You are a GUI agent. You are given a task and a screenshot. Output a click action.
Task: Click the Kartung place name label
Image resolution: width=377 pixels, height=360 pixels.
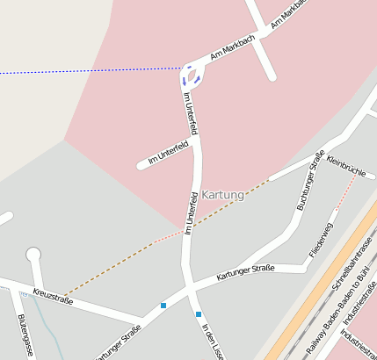pyautogui.click(x=222, y=194)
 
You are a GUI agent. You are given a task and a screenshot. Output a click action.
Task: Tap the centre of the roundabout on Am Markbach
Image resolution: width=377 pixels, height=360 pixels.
pyautogui.click(x=192, y=75)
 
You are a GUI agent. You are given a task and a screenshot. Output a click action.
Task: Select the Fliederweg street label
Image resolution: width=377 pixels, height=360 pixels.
pyautogui.click(x=320, y=241)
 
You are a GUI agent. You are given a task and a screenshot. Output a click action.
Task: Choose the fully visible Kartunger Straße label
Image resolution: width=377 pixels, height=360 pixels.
pyautogui.click(x=245, y=272)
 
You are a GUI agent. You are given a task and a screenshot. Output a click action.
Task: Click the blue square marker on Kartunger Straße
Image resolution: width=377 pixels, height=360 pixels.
pyautogui.click(x=163, y=306)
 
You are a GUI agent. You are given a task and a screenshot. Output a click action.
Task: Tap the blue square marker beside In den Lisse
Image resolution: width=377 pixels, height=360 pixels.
pyautogui.click(x=199, y=314)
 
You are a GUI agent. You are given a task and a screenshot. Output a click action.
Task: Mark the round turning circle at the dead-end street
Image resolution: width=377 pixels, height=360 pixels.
pyautogui.click(x=33, y=255)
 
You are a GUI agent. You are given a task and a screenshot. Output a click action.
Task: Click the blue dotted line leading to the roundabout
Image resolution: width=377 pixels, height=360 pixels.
pyautogui.click(x=88, y=71)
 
